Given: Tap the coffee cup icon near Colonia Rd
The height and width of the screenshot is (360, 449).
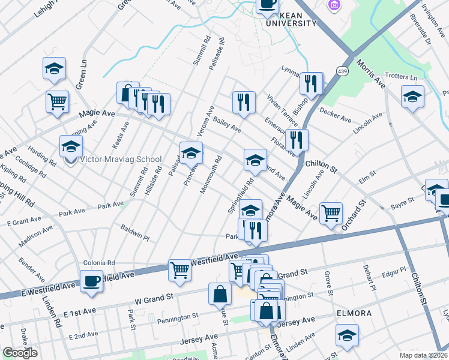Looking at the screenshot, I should (x=92, y=281).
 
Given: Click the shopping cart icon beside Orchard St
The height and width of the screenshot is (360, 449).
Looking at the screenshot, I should (x=331, y=213).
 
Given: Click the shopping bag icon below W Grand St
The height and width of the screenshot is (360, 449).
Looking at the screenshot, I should (x=220, y=293).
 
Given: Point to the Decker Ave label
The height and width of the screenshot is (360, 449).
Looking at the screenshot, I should (x=336, y=115).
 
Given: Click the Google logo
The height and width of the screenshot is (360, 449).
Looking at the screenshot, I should (x=20, y=352).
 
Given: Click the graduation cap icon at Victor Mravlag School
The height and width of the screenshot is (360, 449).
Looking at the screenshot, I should (x=71, y=147).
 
